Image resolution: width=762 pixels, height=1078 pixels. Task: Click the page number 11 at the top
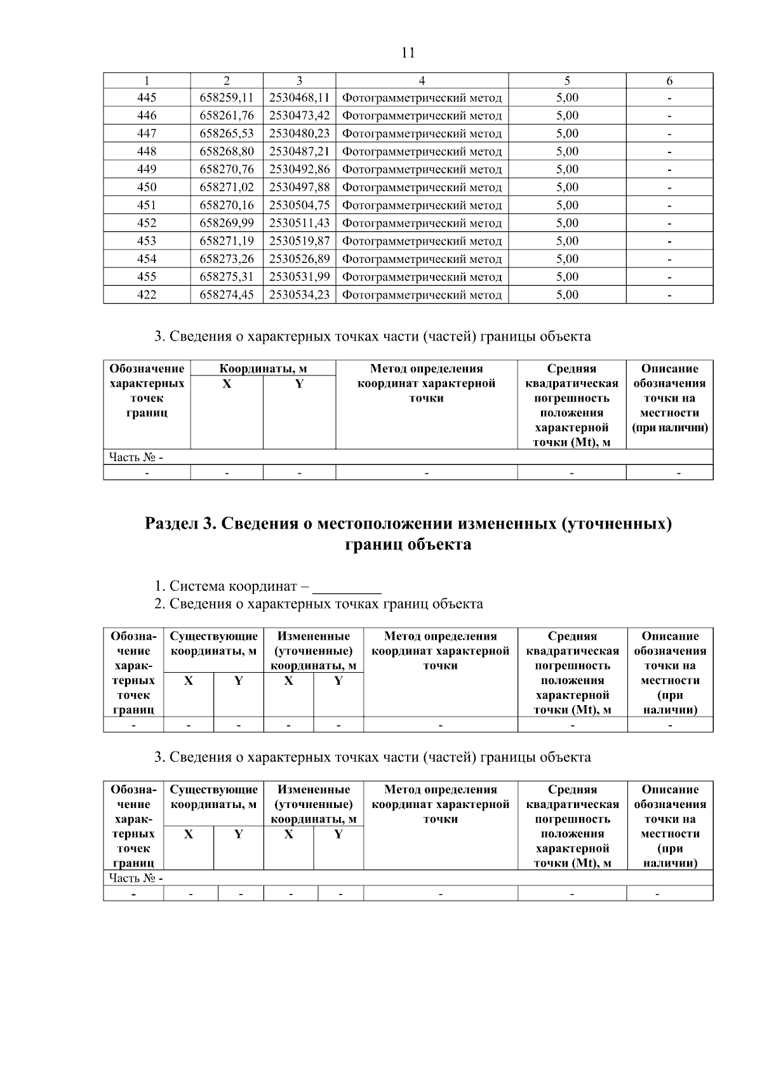[408, 53]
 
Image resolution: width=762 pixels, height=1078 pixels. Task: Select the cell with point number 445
[147, 98]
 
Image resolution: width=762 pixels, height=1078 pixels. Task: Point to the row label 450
[147, 187]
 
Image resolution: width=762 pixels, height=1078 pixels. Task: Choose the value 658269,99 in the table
[227, 223]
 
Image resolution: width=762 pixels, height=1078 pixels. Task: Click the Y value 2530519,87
[299, 241]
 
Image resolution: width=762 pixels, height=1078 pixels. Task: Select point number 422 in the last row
[147, 295]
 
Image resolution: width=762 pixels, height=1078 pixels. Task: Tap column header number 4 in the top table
[422, 81]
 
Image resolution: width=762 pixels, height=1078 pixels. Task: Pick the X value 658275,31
[227, 277]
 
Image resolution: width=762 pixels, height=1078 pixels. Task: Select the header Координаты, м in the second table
[263, 368]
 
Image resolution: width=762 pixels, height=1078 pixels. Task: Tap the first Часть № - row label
[136, 457]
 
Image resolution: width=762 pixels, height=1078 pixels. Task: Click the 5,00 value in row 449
[567, 170]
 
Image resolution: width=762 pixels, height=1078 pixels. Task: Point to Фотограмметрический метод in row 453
[422, 241]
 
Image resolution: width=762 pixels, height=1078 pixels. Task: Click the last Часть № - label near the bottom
[136, 878]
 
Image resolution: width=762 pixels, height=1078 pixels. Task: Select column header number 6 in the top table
[669, 81]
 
